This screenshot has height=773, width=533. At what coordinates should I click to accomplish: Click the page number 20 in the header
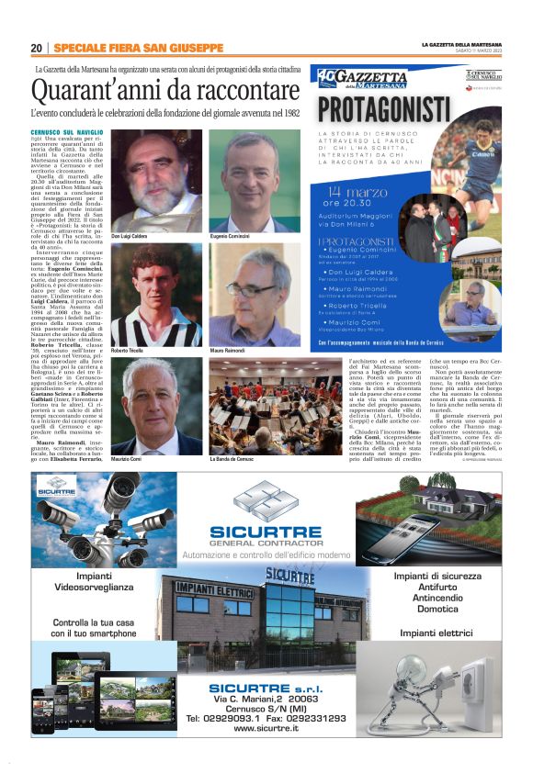coord(36,48)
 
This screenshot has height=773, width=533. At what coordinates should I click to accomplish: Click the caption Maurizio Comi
coord(128,459)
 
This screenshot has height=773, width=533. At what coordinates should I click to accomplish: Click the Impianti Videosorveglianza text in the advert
coord(94,581)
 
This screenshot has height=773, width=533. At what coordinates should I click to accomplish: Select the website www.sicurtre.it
coord(266,728)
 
